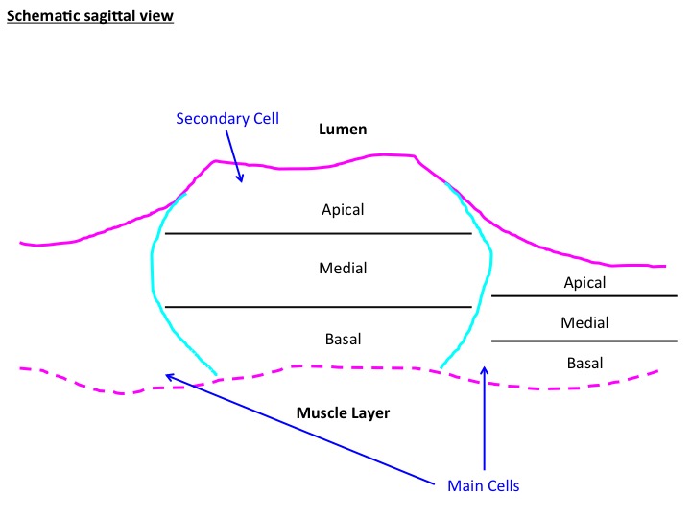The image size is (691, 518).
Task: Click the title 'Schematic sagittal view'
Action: (90, 17)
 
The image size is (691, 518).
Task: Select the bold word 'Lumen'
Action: (344, 129)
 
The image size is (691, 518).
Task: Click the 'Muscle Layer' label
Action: (344, 413)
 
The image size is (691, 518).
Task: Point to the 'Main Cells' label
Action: (483, 485)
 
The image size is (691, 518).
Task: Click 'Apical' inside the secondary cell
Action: (343, 209)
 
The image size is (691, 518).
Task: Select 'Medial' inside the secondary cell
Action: (343, 268)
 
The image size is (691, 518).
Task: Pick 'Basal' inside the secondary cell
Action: (343, 340)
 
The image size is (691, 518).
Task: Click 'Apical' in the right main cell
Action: (584, 283)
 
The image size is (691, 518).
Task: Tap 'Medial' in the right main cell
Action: (584, 323)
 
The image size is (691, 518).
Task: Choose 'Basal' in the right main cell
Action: (584, 363)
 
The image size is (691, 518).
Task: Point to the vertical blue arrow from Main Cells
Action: (485, 422)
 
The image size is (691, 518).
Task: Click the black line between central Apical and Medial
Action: (318, 234)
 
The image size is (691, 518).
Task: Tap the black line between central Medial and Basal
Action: (318, 307)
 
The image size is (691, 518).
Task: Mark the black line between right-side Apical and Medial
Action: (584, 296)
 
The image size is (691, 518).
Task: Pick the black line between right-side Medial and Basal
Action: (584, 341)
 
